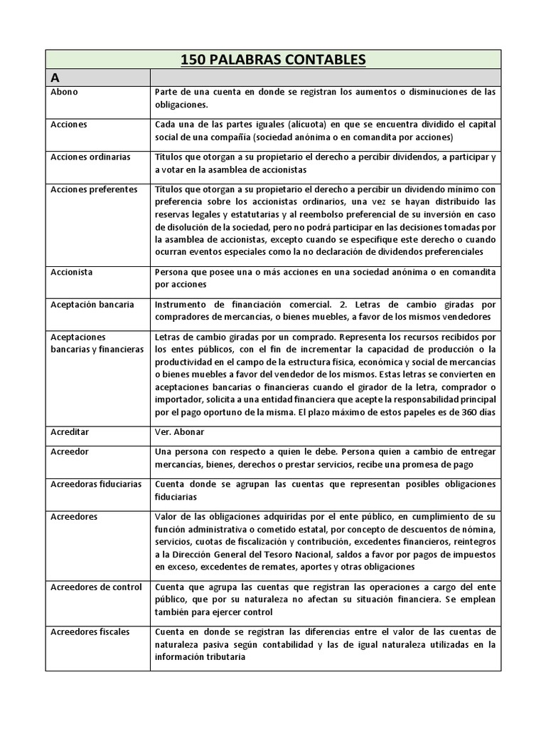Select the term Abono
[x=65, y=92]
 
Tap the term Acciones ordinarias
[x=90, y=157]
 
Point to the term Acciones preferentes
[x=94, y=189]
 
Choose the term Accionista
[x=72, y=272]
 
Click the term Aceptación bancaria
[x=92, y=304]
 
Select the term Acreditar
[x=70, y=432]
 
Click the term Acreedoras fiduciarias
[x=96, y=484]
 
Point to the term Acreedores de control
[x=96, y=587]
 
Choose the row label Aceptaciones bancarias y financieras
[x=96, y=342]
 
